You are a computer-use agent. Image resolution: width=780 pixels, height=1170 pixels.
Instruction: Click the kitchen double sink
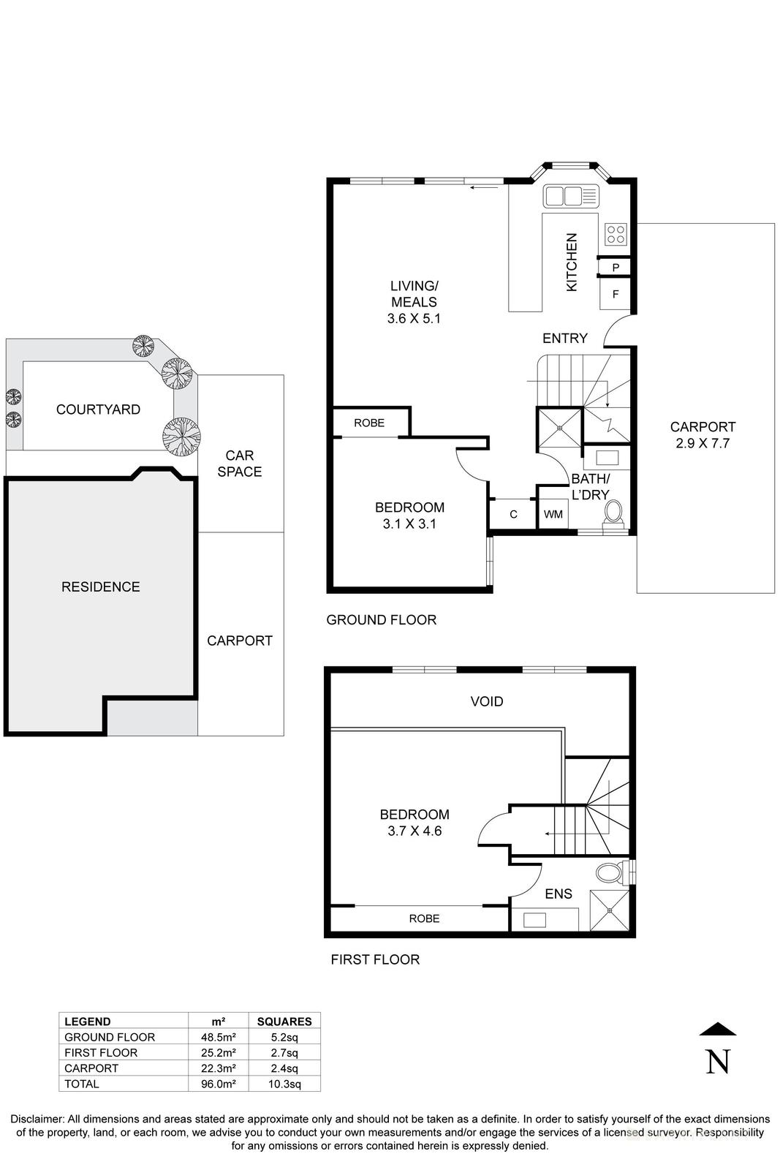point(571,196)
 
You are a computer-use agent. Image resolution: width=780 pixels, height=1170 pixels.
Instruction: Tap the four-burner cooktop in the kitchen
point(616,233)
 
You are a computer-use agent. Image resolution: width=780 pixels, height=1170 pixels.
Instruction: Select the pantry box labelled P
point(616,268)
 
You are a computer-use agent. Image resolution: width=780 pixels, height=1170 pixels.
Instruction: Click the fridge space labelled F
point(616,295)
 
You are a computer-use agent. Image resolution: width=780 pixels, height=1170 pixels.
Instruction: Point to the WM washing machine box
point(553,514)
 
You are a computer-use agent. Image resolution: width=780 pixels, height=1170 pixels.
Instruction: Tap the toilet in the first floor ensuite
point(609,872)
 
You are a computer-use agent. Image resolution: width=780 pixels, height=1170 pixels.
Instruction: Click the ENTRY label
point(564,338)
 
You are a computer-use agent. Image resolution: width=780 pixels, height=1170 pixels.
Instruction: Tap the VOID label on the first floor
point(486,701)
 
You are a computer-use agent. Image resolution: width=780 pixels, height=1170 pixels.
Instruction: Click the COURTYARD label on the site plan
point(98,409)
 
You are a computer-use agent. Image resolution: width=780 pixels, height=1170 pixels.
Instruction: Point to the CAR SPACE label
point(240,464)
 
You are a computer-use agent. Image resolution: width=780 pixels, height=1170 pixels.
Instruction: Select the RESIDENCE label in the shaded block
point(100,586)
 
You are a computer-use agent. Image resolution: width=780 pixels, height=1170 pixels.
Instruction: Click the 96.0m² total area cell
point(218,1084)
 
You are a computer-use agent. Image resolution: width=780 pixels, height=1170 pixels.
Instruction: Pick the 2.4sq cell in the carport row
point(284,1068)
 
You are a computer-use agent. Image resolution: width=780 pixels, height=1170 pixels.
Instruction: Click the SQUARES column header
point(284,1022)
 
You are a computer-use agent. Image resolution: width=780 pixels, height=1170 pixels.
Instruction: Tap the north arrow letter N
point(718,1062)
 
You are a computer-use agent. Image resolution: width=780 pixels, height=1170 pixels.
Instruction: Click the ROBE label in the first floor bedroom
point(424,918)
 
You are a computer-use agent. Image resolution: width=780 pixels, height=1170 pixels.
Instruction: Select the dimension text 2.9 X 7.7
point(703,443)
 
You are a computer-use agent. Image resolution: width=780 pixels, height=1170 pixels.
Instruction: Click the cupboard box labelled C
point(513,514)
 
